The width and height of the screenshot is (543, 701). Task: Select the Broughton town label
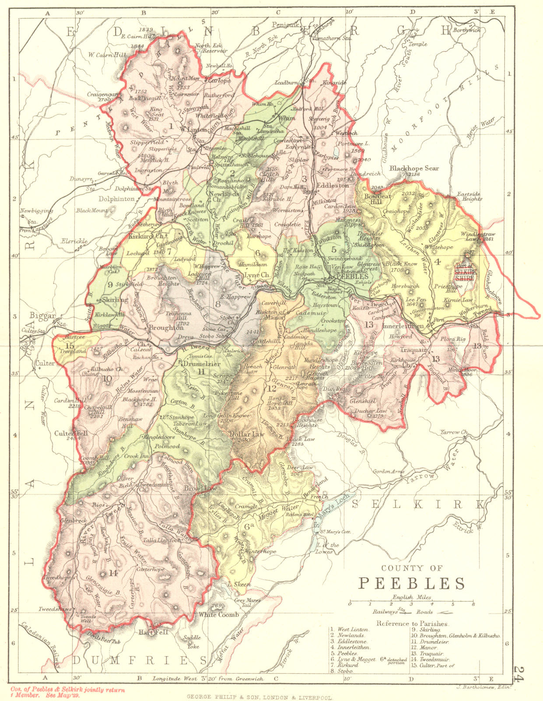point(166,327)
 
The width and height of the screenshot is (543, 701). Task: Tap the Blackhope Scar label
point(414,168)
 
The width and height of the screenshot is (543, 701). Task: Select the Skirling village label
point(115,300)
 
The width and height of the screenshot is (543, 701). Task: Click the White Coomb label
point(219,615)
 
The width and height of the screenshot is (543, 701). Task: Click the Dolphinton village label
point(116,199)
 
